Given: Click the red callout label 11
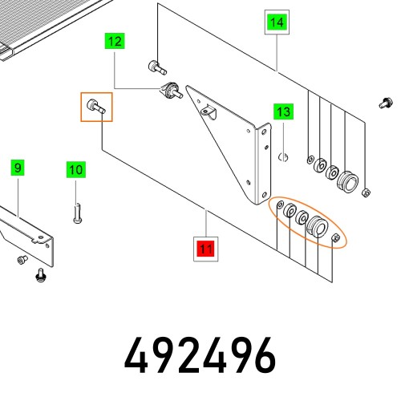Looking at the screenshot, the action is [x=206, y=249].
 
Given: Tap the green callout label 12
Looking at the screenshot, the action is [x=115, y=41].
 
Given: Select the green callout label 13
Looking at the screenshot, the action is [x=283, y=111].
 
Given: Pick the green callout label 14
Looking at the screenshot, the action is [x=277, y=22].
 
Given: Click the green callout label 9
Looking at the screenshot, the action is [x=18, y=168].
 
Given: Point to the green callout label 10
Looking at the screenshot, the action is [x=76, y=170].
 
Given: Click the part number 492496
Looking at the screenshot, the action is [x=200, y=355].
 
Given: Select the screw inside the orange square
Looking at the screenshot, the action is [x=96, y=107].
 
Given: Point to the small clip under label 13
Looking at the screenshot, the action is [x=283, y=156].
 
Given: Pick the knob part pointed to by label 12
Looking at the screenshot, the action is [x=171, y=91].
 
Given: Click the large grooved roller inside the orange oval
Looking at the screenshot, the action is [x=317, y=227].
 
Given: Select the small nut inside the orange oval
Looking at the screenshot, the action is [x=336, y=237].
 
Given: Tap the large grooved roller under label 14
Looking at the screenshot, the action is [x=347, y=182].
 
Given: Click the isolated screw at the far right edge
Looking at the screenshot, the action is [x=386, y=103].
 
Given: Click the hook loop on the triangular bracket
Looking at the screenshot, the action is [x=209, y=112].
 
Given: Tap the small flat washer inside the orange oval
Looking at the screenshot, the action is [x=280, y=205].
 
